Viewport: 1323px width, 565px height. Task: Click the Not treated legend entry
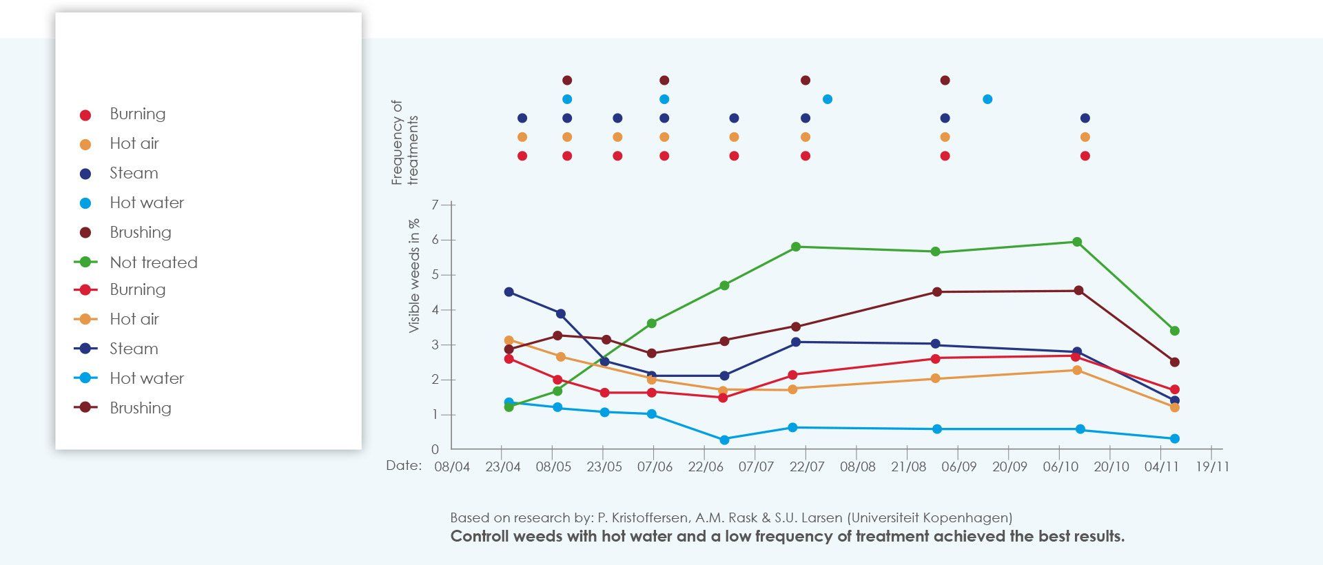[153, 263]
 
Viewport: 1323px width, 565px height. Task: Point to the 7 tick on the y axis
[435, 205]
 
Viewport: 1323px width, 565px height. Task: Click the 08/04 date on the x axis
[452, 466]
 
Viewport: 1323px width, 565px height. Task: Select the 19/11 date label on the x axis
[1212, 466]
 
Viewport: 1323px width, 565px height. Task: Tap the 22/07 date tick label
[807, 466]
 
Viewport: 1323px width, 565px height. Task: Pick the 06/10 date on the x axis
[1060, 466]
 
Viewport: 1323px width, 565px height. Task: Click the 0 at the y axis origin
[435, 449]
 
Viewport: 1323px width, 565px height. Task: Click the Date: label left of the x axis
[404, 465]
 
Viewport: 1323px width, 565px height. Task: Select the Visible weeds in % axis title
[414, 276]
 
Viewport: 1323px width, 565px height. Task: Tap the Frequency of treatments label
[404, 143]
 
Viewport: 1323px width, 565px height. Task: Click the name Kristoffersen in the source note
[649, 517]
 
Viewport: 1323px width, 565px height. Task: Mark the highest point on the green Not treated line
[1077, 242]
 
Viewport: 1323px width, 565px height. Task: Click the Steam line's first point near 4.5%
[509, 292]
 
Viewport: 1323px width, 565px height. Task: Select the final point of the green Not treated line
[1175, 331]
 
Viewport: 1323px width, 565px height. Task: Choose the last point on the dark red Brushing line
[1175, 362]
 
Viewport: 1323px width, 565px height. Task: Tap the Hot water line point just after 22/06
[724, 440]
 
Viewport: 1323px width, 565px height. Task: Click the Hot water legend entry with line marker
[146, 378]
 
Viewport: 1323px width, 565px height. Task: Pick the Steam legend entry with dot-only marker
[133, 173]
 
